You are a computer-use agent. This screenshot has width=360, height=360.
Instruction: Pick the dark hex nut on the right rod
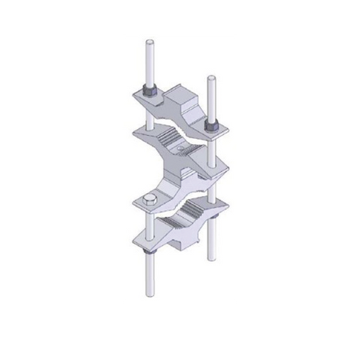(x=211, y=126)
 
